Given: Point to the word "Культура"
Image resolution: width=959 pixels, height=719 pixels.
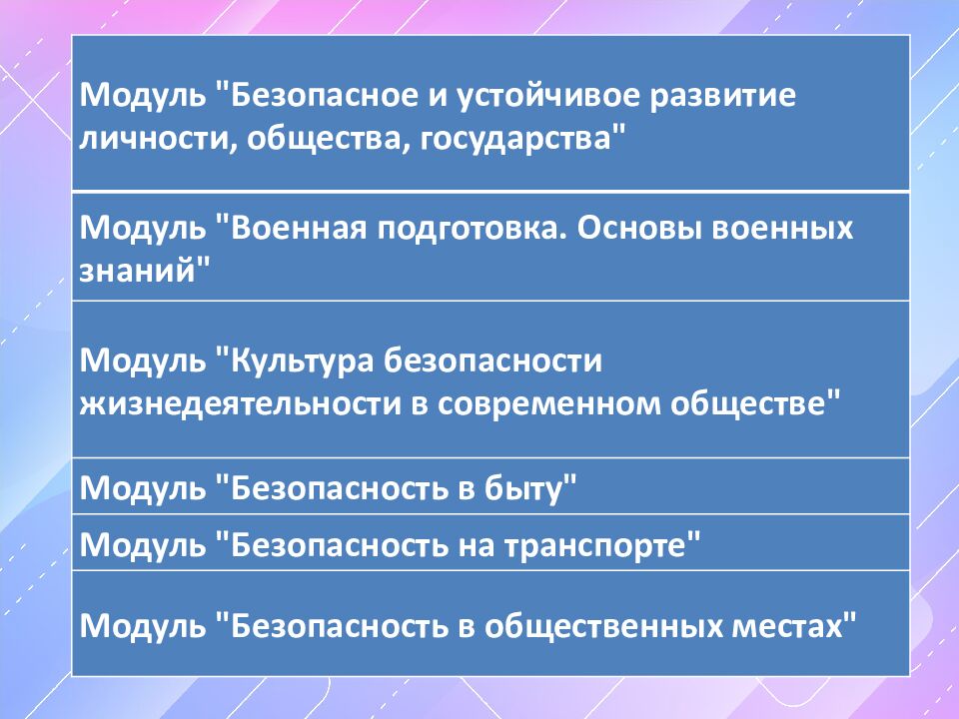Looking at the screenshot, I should [301, 359].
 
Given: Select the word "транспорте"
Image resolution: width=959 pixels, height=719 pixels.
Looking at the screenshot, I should [599, 545].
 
